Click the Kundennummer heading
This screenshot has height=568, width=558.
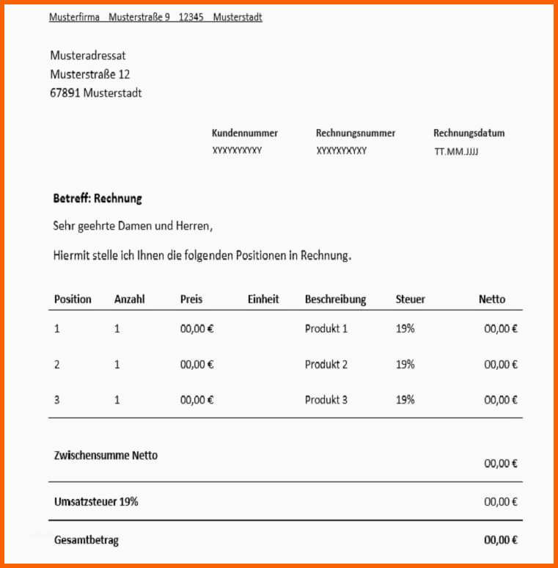coord(245,134)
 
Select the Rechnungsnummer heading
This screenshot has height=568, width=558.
coord(356,134)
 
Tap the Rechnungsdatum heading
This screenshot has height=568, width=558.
coord(469,134)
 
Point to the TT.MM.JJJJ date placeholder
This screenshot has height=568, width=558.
coord(456,152)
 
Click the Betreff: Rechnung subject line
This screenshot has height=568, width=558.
coord(98,198)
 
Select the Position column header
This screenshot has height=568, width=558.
coord(73,299)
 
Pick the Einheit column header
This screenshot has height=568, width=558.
coord(263,299)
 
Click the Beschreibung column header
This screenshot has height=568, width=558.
coord(335,299)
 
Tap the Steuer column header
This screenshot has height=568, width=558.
coord(411,299)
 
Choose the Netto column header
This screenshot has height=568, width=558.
coord(492,299)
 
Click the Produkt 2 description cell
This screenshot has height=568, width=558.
coord(326,364)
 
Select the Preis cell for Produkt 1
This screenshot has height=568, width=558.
coord(197,329)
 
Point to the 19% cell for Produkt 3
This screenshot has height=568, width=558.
coord(405,400)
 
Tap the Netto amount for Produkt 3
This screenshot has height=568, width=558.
coord(501,400)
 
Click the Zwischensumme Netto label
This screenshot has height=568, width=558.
coord(106,455)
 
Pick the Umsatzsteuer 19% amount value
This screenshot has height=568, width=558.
coord(501,502)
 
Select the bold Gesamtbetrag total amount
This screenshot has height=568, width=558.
coord(501,540)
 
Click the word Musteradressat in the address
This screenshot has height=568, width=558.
coord(88,56)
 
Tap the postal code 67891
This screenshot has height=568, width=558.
coord(65,93)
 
